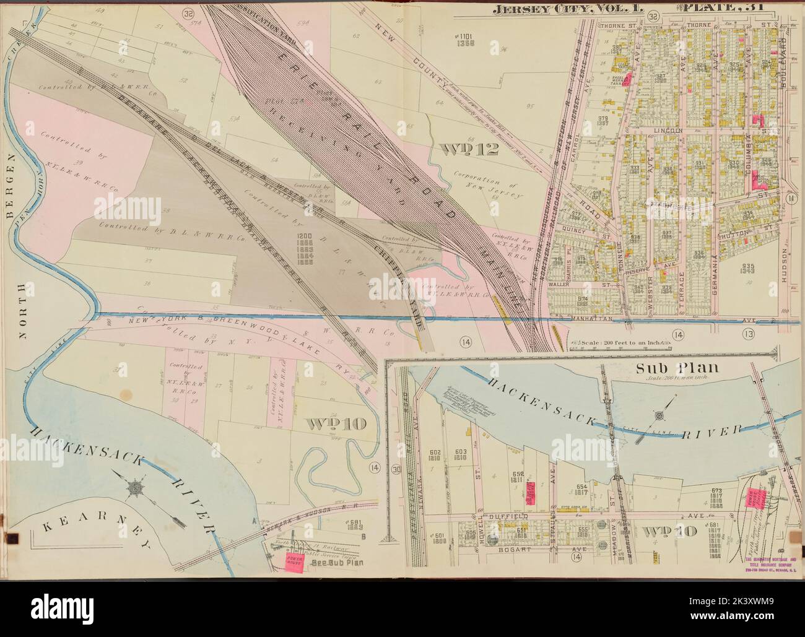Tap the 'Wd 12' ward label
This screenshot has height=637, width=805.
[462, 149]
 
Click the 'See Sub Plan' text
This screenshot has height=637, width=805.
[336, 563]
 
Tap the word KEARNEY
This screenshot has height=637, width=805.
[99, 532]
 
